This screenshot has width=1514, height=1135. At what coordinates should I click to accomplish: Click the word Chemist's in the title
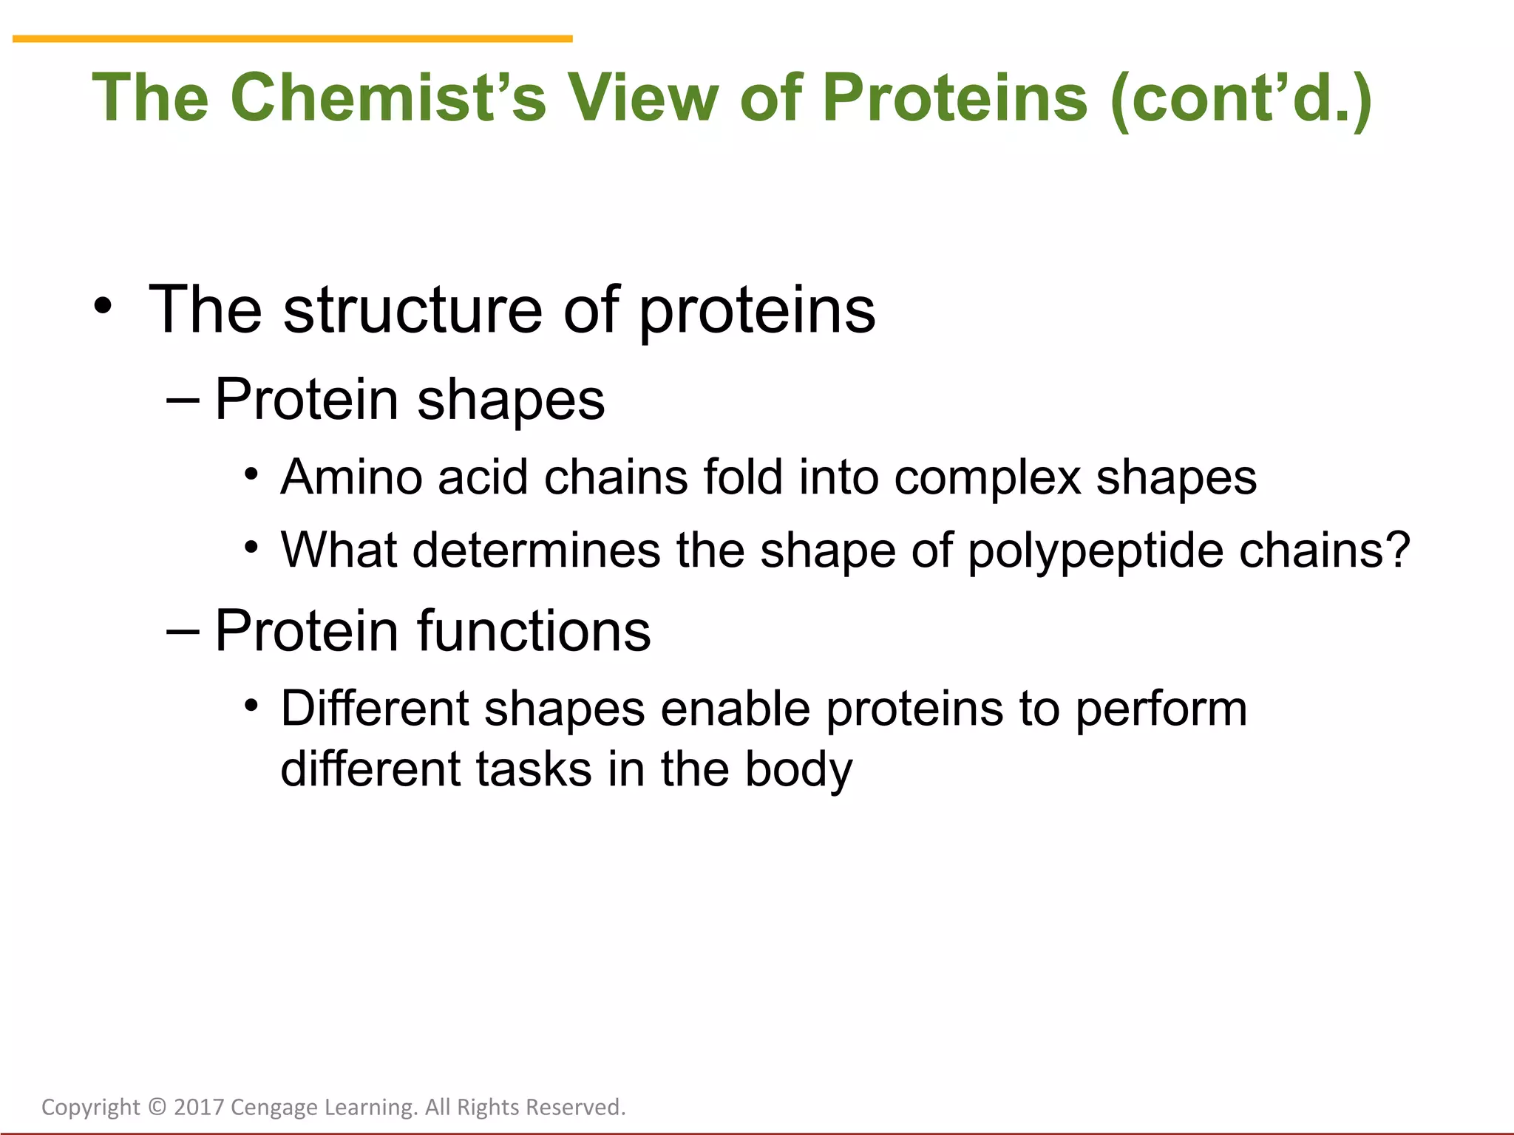coord(387,98)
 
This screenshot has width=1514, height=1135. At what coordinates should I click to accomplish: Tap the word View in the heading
coord(642,98)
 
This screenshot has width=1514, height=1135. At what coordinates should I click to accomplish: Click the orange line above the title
coord(292,38)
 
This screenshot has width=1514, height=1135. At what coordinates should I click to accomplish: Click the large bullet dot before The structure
coord(103,306)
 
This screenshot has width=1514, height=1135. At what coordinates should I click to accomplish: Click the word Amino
coord(351,477)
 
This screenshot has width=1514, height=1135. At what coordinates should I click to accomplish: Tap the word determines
coord(536,551)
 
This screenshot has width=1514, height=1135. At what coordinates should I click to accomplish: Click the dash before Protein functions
coord(183,632)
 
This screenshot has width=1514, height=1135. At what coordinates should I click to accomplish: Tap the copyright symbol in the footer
coord(157,1107)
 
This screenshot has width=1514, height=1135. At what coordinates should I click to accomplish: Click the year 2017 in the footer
coord(199,1107)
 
